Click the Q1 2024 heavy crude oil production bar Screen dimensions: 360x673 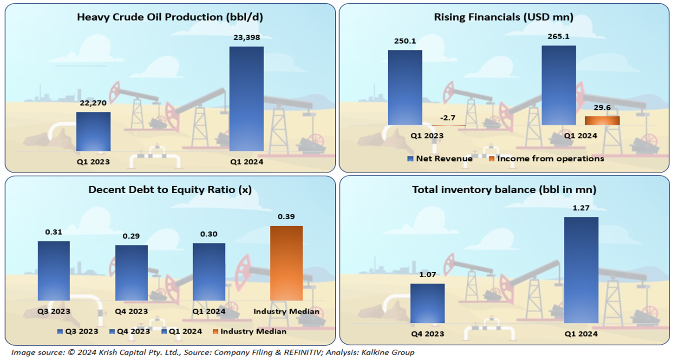[247, 98]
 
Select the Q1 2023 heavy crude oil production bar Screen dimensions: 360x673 [93, 131]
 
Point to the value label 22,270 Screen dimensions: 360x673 [93, 104]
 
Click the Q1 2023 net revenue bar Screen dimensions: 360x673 [405, 87]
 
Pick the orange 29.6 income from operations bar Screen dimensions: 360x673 [602, 120]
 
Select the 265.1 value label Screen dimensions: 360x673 [558, 36]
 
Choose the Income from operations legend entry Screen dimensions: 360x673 [546, 159]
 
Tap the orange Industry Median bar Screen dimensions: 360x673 [287, 263]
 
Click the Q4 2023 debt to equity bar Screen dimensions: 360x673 [131, 273]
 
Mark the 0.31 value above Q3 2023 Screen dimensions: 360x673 [54, 232]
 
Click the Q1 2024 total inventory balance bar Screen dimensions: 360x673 [581, 270]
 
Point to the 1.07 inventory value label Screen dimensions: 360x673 [427, 275]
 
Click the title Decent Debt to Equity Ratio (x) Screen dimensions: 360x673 [170, 190]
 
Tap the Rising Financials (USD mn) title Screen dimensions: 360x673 [503, 18]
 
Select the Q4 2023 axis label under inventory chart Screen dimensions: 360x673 [427, 334]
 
